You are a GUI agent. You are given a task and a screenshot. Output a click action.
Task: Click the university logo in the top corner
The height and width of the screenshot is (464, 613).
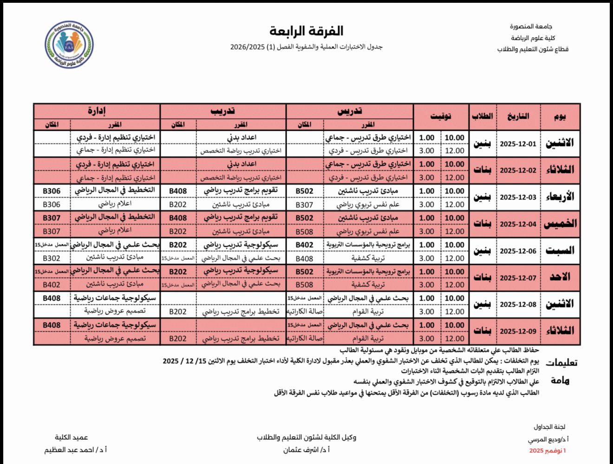(69, 45)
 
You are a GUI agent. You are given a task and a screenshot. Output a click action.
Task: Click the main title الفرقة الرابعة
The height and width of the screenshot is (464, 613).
(306, 31)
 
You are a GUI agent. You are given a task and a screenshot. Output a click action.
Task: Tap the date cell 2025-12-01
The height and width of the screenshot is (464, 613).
(518, 144)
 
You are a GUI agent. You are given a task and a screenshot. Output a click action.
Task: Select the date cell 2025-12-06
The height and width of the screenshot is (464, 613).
(518, 251)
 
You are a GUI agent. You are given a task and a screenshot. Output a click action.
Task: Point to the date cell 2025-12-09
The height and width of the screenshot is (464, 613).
(518, 331)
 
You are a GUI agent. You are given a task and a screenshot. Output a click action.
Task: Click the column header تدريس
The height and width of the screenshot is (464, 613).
(350, 111)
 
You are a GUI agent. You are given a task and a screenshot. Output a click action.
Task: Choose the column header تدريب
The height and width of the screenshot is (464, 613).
(223, 111)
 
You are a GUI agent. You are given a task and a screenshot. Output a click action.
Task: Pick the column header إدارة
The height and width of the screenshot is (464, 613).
(97, 111)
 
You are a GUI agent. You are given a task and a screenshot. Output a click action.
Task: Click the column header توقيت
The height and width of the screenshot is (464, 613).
(441, 116)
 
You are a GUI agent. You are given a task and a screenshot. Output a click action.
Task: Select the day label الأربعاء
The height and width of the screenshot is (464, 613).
(560, 197)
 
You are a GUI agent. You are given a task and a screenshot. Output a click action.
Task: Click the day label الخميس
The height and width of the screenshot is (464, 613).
(560, 224)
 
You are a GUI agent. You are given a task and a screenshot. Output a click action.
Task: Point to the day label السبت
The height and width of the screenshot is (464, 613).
(560, 251)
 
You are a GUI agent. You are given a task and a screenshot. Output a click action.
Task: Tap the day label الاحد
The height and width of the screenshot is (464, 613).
(560, 277)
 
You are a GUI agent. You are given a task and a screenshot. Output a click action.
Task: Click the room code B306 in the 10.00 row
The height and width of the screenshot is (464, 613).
(52, 191)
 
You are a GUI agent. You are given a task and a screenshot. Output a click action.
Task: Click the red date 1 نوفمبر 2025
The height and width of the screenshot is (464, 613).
(548, 451)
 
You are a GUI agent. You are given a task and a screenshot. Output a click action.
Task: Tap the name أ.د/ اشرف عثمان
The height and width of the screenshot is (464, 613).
(306, 450)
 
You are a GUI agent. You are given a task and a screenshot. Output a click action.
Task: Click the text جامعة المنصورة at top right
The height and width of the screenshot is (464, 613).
(531, 26)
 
